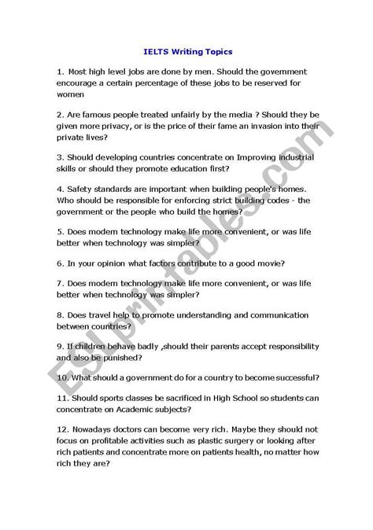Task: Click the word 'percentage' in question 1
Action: pos(158,82)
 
